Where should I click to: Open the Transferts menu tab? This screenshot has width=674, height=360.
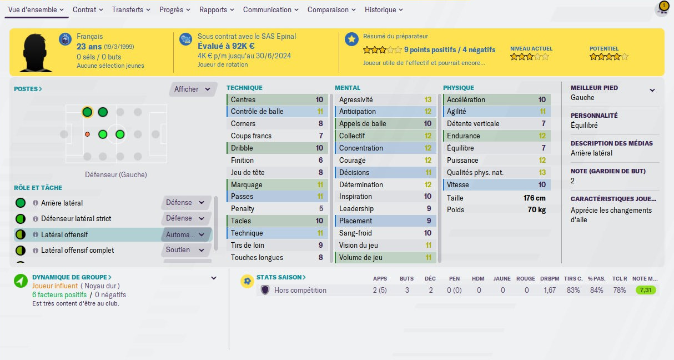130,10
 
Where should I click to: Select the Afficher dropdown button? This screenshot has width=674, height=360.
192,89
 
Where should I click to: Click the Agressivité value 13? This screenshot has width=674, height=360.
427,100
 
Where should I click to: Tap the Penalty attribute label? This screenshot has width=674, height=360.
243,209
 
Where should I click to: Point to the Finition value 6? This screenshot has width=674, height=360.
320,161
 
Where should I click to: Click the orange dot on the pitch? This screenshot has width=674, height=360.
87,134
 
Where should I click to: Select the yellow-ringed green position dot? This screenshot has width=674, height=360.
87,112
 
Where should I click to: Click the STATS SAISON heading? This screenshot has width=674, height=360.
280,277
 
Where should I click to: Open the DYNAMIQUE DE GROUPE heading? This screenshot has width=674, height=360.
72,277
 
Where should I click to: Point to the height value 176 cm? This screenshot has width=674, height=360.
534,198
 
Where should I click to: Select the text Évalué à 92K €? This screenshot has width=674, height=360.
226,47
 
